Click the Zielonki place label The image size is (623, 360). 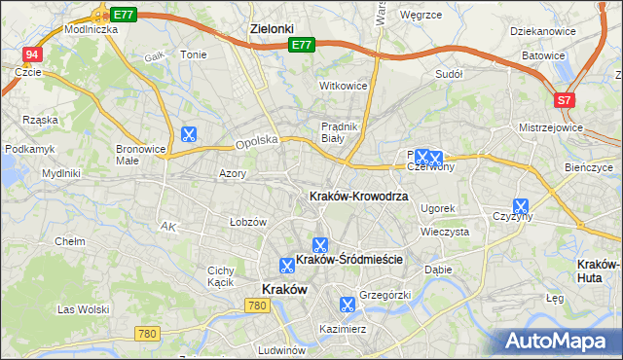click(x=272, y=29)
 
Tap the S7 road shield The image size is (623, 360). click(x=565, y=99)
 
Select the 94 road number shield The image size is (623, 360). click(x=33, y=55)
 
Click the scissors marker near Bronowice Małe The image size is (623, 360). click(x=189, y=135)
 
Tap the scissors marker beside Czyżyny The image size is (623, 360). click(x=521, y=207)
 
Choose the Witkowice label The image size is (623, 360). click(x=344, y=86)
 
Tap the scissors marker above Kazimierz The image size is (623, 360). click(x=345, y=304)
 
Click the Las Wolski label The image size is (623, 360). click(x=82, y=309)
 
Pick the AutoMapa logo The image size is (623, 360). click(x=560, y=341)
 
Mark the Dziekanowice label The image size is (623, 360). click(x=542, y=31)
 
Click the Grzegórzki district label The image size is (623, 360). click(x=386, y=294)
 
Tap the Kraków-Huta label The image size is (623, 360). click(x=599, y=270)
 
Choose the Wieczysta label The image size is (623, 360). click(x=445, y=233)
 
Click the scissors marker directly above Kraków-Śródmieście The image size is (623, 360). click(x=319, y=244)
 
